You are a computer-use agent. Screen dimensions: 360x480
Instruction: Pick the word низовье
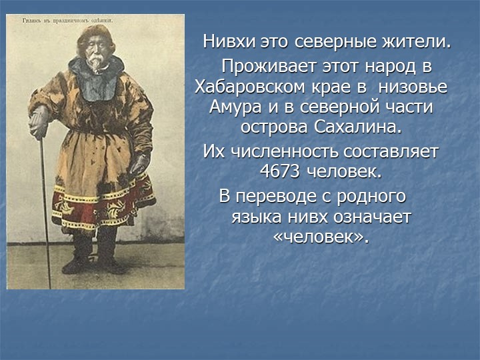pos(415,87)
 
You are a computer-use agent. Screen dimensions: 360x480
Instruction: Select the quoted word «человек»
pos(321,237)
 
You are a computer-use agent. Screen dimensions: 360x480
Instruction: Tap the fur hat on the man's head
pos(95,35)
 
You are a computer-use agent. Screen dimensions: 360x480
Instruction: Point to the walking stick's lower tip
pos(49,285)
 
